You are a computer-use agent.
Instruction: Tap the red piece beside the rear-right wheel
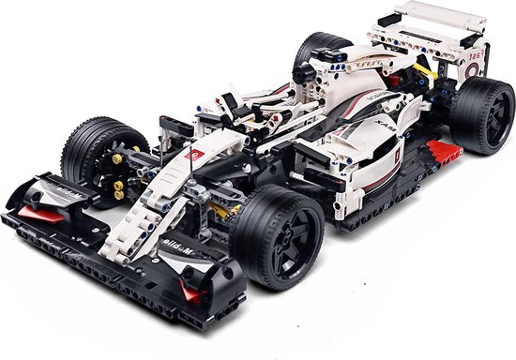point(439,148)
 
